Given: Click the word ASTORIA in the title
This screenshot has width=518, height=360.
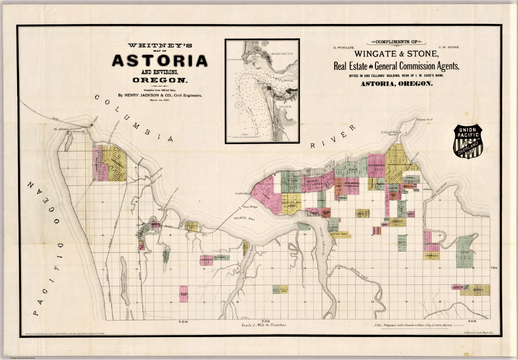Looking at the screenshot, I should [160, 61].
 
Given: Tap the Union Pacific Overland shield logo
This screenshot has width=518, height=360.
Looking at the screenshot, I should [468, 141].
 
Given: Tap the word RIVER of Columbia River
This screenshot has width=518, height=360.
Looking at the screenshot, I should [333, 136].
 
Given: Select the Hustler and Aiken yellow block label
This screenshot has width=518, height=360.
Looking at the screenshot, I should [291, 202].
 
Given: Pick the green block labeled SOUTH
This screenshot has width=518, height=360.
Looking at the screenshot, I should [402, 243].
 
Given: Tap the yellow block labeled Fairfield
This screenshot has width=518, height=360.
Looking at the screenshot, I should [431, 256].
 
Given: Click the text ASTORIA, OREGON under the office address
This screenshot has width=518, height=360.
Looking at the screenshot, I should [396, 83].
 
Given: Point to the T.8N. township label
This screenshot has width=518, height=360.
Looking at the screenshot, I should [495, 268].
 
